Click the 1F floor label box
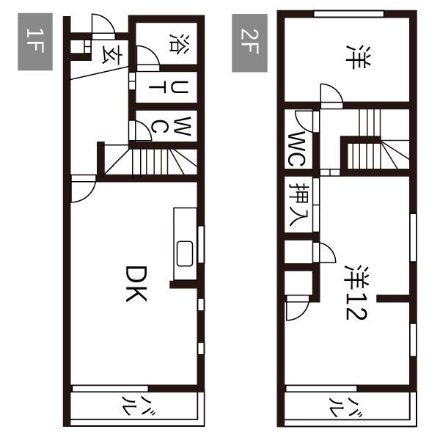pos(35,42)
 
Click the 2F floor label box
pos(249,43)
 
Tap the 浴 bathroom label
pos(180,43)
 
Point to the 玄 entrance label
pos(113,55)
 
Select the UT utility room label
pos(169,87)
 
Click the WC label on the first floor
pos(172,126)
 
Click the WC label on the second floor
pos(296,149)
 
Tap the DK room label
pos(136,284)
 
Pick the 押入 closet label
pos(299,205)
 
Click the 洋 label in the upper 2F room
pos(358,57)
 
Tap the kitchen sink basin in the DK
pos(185,254)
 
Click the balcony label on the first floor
pos(139,406)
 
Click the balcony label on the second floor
pos(345,407)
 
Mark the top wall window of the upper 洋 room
pos(348,13)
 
